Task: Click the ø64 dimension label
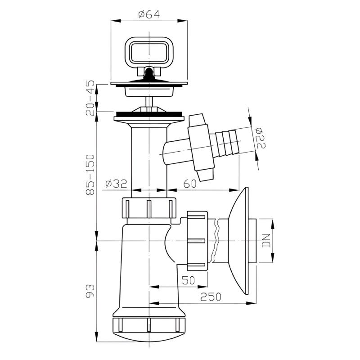(149, 14)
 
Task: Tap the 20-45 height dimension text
(90, 98)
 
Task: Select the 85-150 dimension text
(90, 175)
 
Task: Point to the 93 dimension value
(90, 291)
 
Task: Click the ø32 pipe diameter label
(116, 184)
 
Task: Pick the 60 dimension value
(190, 184)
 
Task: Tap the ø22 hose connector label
(261, 138)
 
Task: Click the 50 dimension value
(188, 280)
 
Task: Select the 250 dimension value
(211, 297)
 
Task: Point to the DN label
(266, 241)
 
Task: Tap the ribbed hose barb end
(227, 143)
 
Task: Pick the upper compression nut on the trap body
(149, 208)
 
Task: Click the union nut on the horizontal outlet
(198, 241)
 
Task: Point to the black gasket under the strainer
(149, 114)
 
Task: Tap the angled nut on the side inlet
(201, 148)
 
